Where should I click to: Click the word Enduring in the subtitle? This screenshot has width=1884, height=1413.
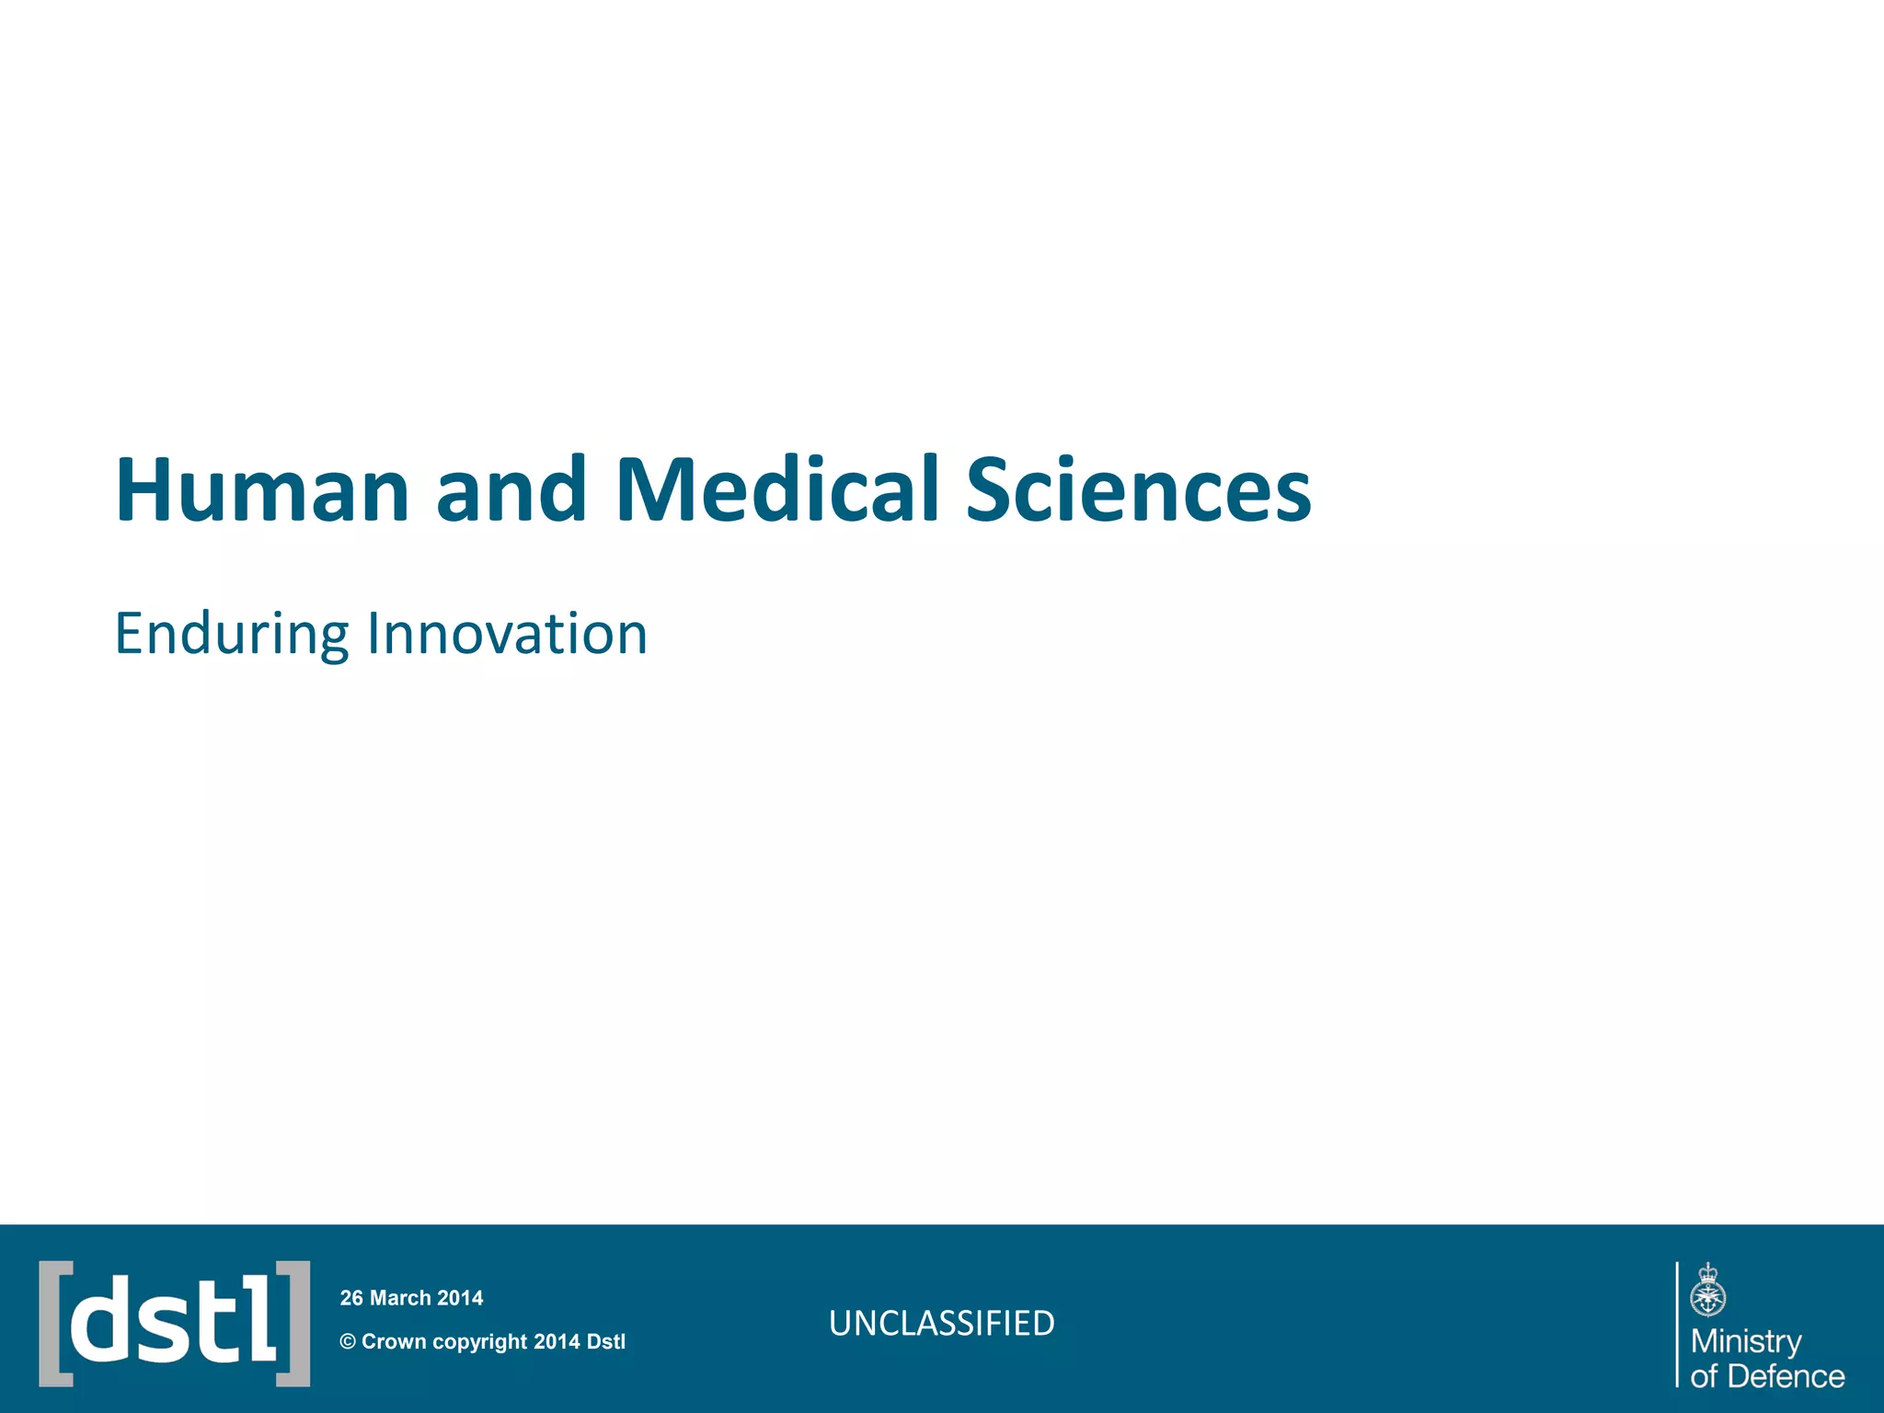click(x=231, y=635)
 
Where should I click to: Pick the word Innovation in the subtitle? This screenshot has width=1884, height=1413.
click(x=507, y=635)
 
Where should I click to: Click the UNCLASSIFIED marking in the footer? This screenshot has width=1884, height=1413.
click(x=941, y=1324)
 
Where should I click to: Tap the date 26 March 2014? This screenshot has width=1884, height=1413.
click(x=411, y=1298)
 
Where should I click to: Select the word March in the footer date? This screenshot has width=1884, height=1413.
click(x=400, y=1298)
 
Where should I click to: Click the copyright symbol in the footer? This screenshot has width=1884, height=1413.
click(x=348, y=1342)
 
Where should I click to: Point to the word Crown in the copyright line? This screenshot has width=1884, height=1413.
click(x=394, y=1342)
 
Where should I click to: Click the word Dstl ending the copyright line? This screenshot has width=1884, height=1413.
click(x=605, y=1342)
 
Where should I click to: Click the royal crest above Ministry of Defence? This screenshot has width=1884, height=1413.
click(x=1708, y=1291)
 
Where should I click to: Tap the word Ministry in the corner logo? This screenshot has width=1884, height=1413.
click(x=1746, y=1342)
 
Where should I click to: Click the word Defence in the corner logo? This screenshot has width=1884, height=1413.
click(x=1786, y=1376)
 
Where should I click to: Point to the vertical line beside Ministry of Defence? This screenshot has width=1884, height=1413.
click(x=1677, y=1324)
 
